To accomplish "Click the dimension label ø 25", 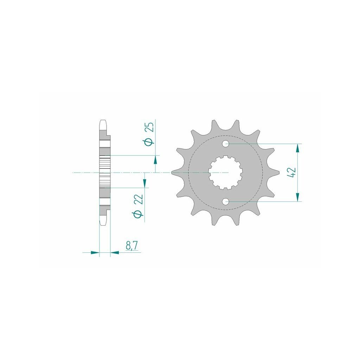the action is pos(149,134).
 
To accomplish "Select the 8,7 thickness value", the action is pos(131,246).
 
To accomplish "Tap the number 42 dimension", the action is pos(292,172).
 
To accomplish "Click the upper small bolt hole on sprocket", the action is pos(226,144).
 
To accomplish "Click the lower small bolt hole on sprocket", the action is pos(226,201).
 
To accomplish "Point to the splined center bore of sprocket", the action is pos(226,173).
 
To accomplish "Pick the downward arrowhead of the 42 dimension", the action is pos(298,197).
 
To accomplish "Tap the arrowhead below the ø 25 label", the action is pos(155,160).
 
